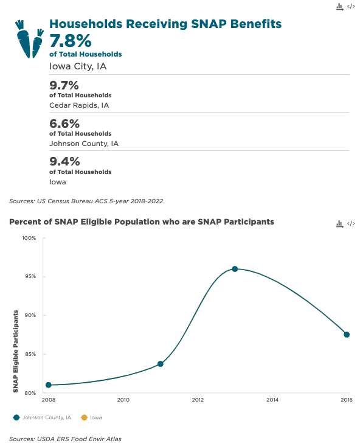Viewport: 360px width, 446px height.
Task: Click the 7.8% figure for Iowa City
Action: [71, 41]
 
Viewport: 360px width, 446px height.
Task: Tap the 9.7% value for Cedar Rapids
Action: [64, 85]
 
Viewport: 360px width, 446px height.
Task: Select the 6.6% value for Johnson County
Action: [64, 124]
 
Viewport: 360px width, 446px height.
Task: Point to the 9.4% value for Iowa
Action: [64, 162]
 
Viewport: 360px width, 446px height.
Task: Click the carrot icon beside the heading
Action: [29, 40]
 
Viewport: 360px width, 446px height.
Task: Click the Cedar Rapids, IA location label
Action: [79, 105]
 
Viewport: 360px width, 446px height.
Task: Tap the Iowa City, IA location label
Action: [78, 66]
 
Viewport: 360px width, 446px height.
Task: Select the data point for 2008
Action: [49, 385]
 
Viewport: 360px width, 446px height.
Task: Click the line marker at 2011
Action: [161, 364]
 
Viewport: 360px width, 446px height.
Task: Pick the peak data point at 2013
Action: [235, 269]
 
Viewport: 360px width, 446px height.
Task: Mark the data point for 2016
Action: [347, 335]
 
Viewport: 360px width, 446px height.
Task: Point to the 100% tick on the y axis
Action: [29, 238]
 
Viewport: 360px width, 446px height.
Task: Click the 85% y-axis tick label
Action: [30, 354]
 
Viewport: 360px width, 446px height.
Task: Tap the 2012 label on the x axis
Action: [198, 400]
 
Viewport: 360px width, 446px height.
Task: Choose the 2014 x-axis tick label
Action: [272, 400]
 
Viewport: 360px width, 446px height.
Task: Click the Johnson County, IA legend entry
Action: [42, 417]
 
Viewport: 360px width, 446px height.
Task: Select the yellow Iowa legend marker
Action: [84, 417]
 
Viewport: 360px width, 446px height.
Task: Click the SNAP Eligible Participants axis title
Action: [16, 351]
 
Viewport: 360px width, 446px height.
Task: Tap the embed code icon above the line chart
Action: [351, 223]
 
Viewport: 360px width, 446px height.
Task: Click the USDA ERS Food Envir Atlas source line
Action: [65, 439]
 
